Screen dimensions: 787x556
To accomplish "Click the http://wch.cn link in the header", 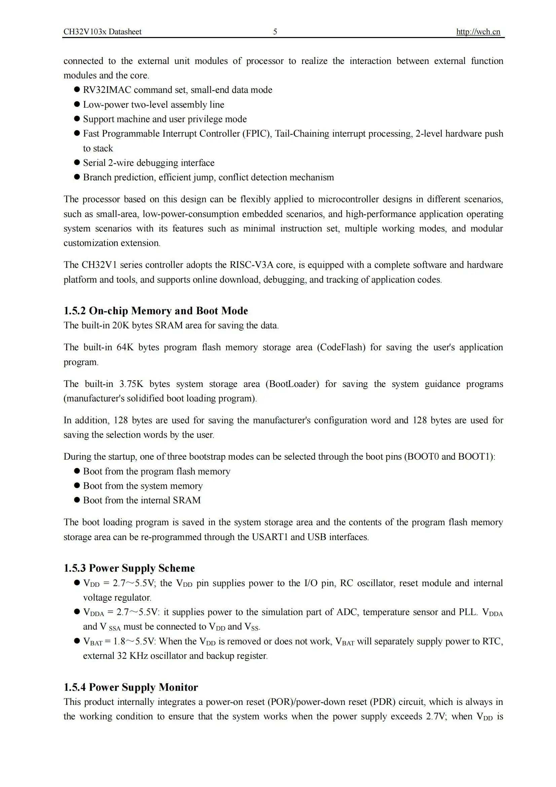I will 478,32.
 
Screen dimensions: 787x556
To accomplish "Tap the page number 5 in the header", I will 275,32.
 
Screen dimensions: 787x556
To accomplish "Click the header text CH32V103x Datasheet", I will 102,32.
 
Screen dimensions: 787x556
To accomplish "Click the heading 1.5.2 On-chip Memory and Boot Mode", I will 155,311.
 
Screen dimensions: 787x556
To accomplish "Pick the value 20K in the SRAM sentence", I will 120,325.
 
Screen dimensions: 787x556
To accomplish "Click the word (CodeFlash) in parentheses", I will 341,347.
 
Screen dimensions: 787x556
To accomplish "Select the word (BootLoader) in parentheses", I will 292,384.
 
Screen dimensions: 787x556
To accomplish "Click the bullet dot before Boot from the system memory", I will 77,486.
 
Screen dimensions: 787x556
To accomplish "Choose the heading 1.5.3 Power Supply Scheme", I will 129,568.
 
